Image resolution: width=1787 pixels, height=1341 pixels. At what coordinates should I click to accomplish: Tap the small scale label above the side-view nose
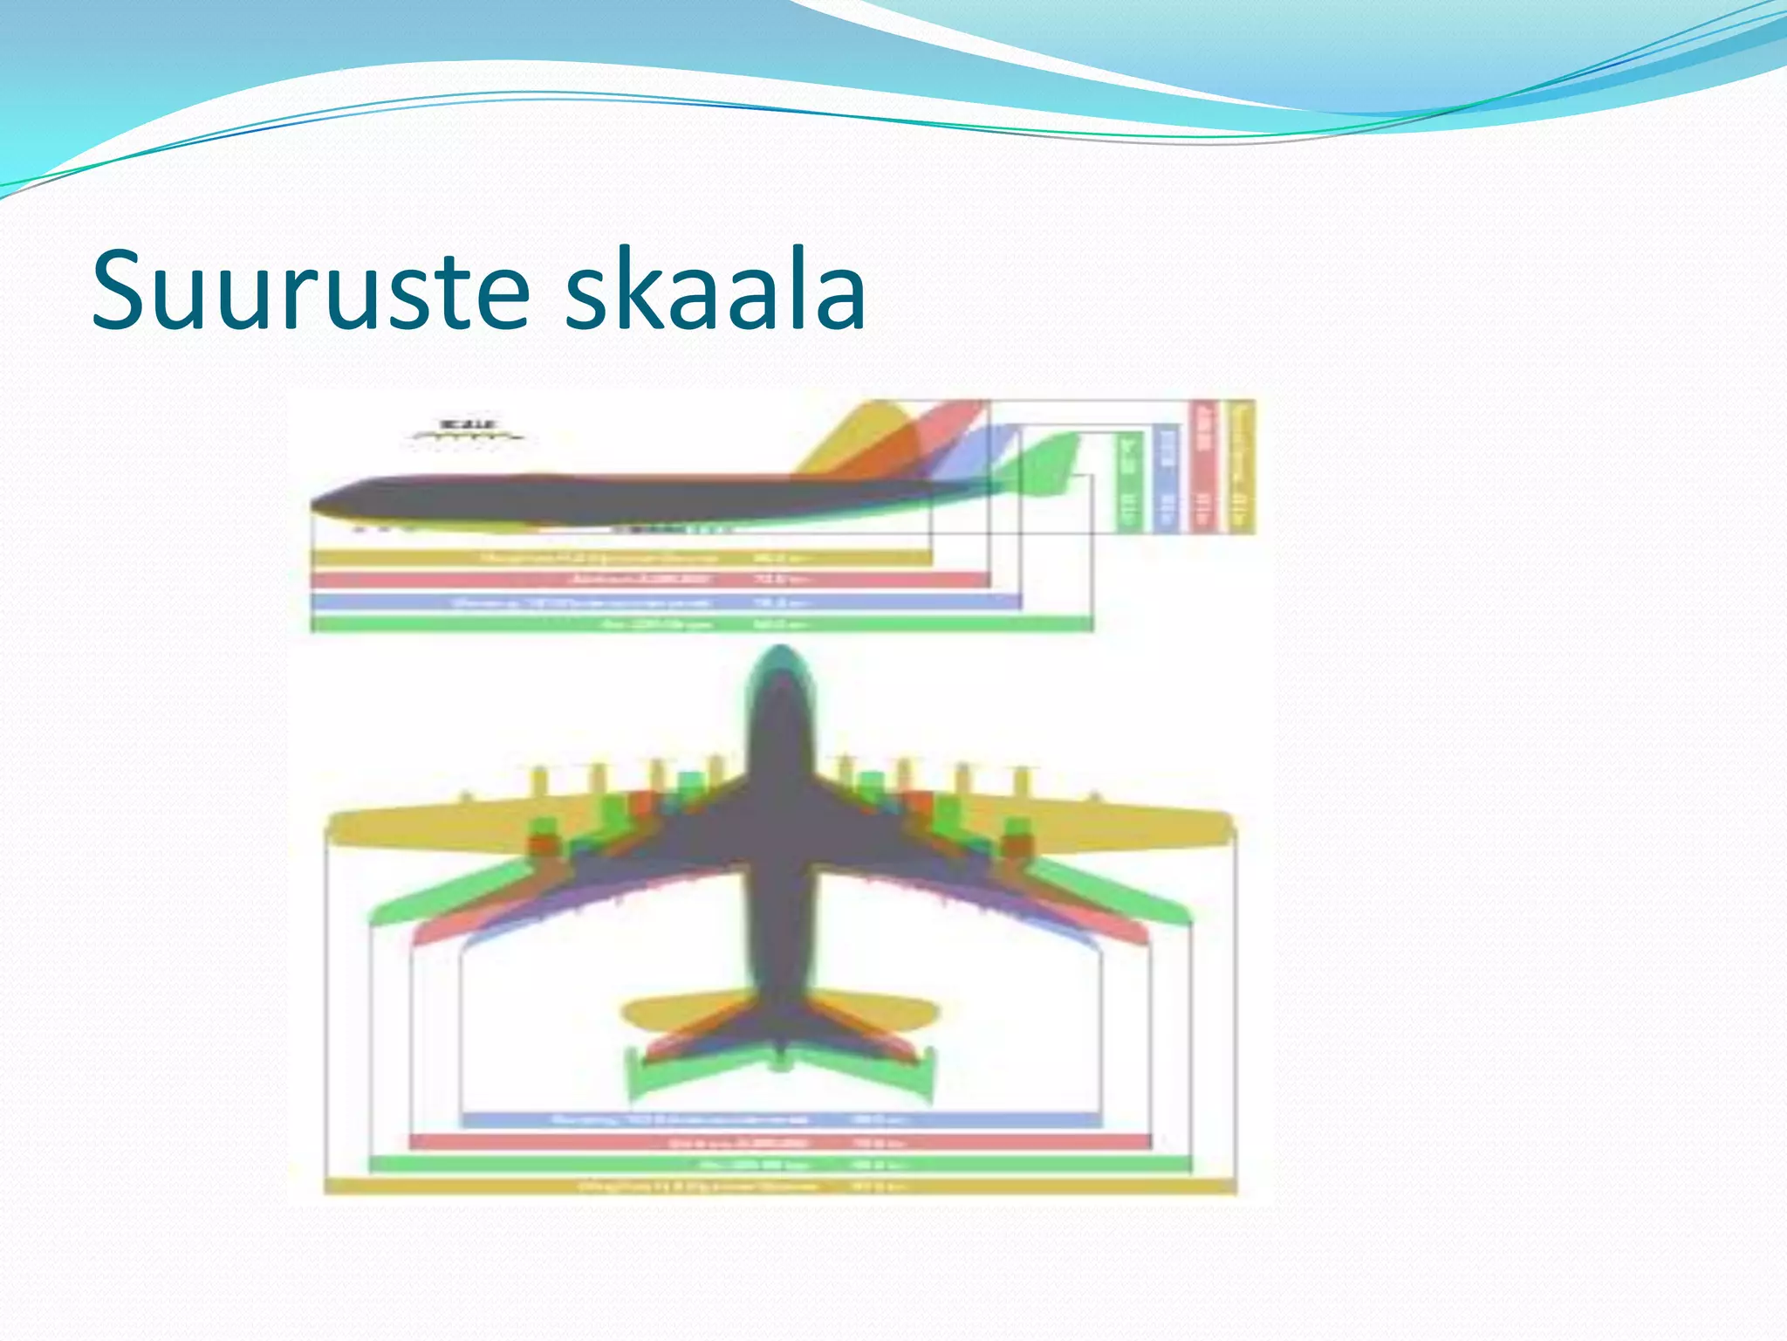pos(467,430)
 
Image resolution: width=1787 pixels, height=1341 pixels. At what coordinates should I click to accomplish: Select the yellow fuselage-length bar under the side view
pos(620,557)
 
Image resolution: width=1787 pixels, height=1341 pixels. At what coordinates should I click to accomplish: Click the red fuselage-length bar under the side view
pos(650,579)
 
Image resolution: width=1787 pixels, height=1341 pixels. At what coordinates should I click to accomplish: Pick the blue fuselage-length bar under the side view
pos(663,602)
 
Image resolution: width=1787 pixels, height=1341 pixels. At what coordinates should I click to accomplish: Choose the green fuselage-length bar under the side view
pos(698,624)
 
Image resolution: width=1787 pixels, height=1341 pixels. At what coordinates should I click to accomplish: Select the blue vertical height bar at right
pos(1167,476)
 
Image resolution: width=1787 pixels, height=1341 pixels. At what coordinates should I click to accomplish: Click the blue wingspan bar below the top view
pos(781,1119)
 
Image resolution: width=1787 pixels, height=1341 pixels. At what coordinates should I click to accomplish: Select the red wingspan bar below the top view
pos(781,1142)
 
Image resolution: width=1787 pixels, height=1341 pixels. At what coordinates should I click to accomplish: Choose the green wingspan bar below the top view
pos(781,1165)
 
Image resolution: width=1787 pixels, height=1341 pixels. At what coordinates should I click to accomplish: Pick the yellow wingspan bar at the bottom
pos(781,1186)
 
